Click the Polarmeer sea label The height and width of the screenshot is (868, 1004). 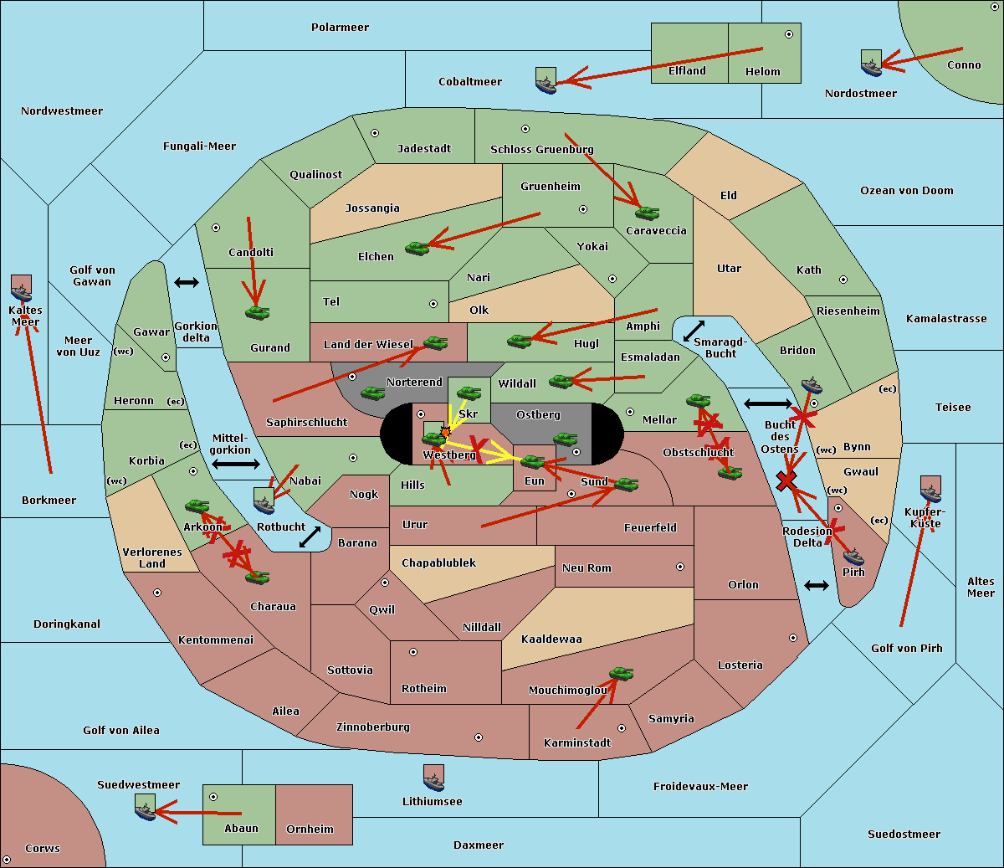[340, 28]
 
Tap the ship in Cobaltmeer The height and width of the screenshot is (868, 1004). [546, 81]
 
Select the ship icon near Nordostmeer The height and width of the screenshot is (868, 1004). [871, 64]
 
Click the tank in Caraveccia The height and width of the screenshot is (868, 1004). [647, 213]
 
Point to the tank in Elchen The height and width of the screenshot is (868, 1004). [417, 248]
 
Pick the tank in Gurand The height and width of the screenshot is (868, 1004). [257, 313]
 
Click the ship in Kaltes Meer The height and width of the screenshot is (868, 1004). [22, 290]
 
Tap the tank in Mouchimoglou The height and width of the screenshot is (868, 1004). [621, 673]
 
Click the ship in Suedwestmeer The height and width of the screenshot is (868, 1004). [145, 808]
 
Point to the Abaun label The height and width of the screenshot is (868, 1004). [241, 829]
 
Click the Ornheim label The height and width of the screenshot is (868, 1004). [310, 829]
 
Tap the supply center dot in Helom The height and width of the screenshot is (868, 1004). [788, 34]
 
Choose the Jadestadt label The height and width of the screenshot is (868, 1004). [423, 149]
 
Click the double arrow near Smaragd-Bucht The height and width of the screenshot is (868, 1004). [694, 330]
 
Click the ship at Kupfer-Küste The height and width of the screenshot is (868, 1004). [930, 490]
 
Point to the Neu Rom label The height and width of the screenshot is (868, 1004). [587, 568]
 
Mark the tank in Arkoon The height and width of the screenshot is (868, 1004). [197, 506]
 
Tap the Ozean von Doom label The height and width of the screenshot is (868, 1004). [906, 191]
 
